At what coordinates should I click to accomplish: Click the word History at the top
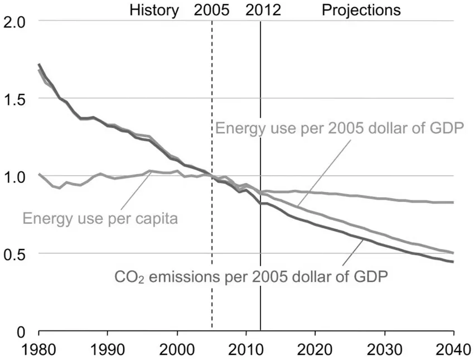[154, 10]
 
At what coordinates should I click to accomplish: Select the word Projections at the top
[361, 10]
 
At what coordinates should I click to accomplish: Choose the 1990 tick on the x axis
[108, 347]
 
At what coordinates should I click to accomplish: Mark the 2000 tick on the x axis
[177, 347]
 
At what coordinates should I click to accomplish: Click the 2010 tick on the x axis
[246, 347]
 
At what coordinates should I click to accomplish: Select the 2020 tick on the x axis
[315, 347]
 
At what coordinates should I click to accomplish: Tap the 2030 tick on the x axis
[384, 347]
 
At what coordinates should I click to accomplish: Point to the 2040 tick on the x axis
[453, 347]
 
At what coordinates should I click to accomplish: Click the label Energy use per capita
[100, 218]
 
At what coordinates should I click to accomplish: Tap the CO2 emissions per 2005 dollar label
[250, 276]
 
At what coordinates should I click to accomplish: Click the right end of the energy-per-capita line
[453, 202]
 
